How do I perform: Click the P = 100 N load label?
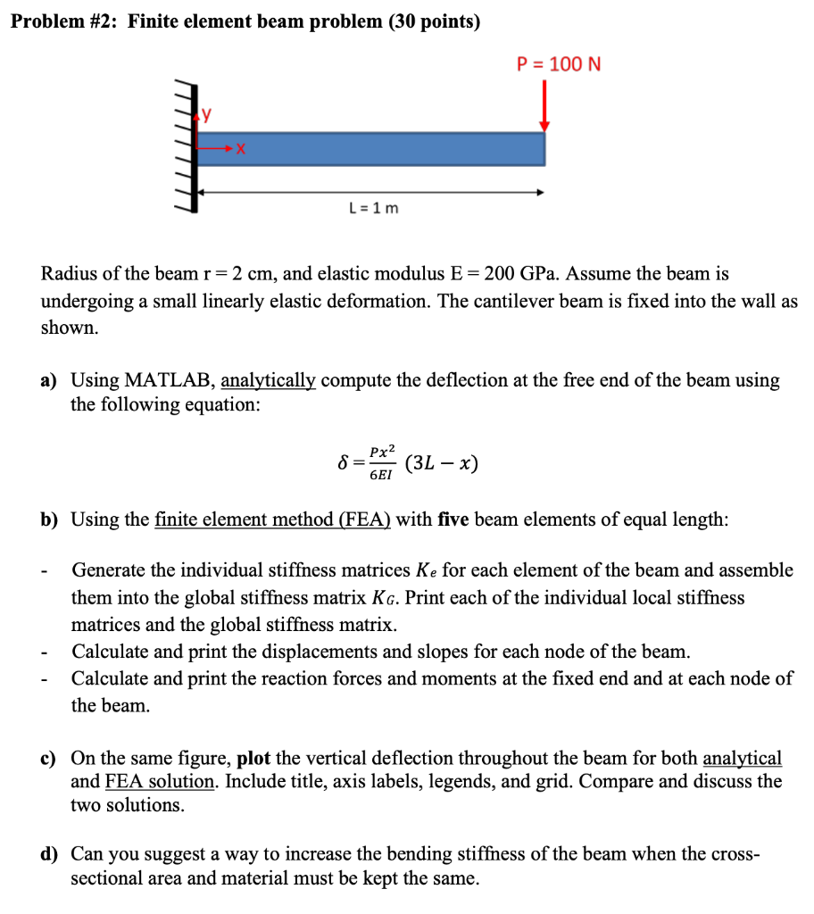coord(560,64)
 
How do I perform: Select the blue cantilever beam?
coord(370,148)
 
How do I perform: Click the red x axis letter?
coord(240,153)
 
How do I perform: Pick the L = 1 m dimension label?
coord(374,208)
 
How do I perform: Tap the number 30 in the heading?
coord(399,22)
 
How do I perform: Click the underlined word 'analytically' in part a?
coord(268,380)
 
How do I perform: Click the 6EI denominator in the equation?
coord(380,476)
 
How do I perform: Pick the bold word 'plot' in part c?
coord(254,759)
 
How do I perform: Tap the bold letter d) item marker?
coord(50,854)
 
